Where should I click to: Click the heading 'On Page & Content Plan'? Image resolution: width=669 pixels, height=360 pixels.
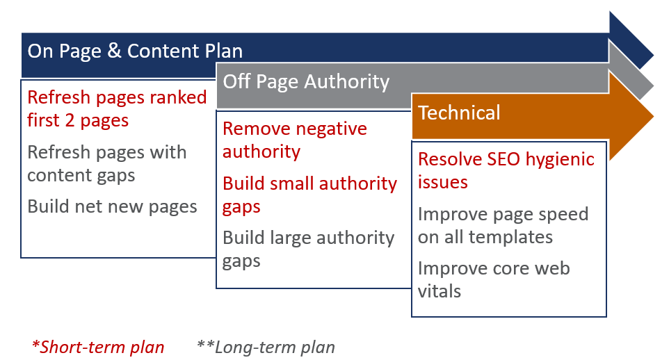(x=135, y=51)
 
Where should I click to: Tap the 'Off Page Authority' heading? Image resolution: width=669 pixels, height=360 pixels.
(x=306, y=81)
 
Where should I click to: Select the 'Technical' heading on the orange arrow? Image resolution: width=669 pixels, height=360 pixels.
(x=459, y=113)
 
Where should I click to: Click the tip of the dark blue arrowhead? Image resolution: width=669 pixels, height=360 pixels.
(x=653, y=55)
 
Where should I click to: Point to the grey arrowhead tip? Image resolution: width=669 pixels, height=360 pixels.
(x=653, y=85)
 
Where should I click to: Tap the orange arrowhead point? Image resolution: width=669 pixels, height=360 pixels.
(x=653, y=116)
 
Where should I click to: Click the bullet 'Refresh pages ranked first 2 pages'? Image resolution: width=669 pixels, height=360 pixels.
(x=117, y=109)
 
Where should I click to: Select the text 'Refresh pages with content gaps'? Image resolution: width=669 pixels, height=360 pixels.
(x=106, y=164)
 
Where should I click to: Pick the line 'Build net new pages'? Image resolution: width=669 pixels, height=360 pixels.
(x=112, y=206)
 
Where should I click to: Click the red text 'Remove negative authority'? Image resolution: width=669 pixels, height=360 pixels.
(x=294, y=140)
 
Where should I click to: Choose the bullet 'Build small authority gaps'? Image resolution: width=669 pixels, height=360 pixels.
(x=309, y=195)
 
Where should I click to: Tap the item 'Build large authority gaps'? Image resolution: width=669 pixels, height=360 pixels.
(x=308, y=249)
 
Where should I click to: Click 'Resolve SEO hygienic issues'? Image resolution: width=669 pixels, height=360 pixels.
(x=506, y=170)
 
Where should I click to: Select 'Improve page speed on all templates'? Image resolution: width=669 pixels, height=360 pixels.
(x=503, y=226)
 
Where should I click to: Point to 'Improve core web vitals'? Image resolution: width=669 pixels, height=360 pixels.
(x=494, y=280)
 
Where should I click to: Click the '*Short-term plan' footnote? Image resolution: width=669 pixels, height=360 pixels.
(x=98, y=347)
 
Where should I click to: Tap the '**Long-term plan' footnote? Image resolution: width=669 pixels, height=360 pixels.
(x=266, y=347)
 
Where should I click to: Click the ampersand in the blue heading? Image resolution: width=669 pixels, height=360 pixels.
(x=114, y=51)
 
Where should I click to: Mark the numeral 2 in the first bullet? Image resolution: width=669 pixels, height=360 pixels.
(x=70, y=121)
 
